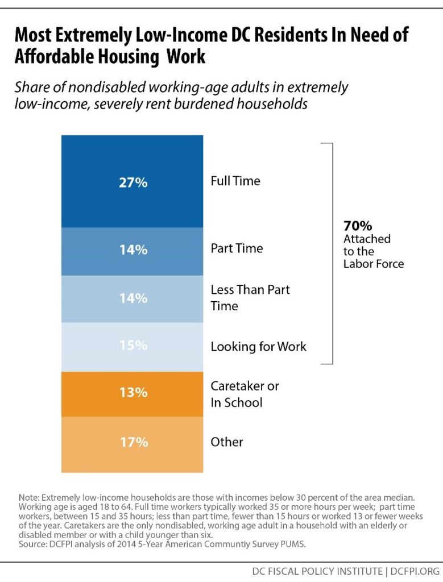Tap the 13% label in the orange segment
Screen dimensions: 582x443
pos(134,393)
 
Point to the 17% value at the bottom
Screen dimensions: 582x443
pos(134,442)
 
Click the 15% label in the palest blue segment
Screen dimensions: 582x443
pos(134,346)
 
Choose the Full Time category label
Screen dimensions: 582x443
pos(235,181)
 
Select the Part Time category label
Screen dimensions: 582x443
pos(237,249)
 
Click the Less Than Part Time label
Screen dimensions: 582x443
pos(250,297)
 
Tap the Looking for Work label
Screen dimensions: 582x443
pos(258,346)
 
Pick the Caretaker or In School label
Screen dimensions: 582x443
pos(245,394)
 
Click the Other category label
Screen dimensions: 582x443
pos(227,442)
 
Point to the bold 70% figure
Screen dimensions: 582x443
pos(357,227)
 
